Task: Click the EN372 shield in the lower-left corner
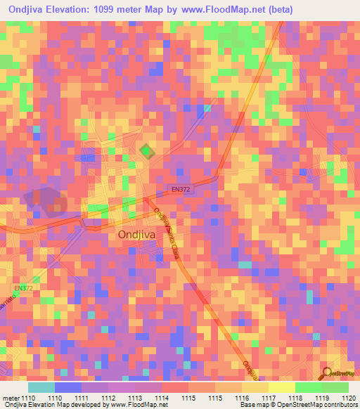tap(23, 288)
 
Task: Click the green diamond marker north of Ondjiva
tap(146, 151)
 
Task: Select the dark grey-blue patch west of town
tap(46, 201)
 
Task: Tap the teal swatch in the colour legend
tap(41, 387)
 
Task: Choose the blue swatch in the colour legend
tap(68, 387)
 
